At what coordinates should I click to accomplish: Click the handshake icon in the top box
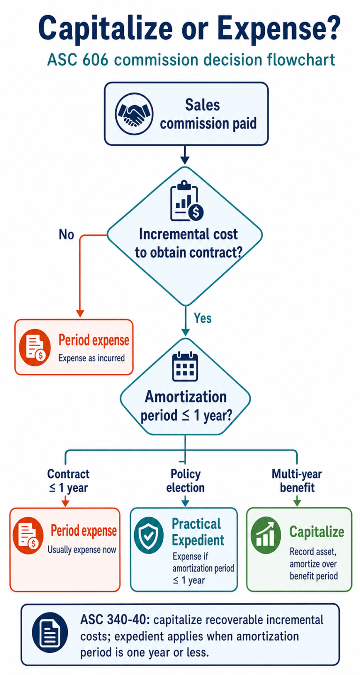click(x=134, y=114)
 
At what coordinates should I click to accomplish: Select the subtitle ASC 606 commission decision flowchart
click(x=191, y=60)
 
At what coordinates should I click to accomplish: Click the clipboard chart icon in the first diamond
click(x=187, y=201)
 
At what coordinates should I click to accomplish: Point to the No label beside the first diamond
click(x=66, y=234)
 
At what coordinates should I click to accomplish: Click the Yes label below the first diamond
click(x=202, y=318)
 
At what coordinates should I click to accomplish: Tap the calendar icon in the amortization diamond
click(x=185, y=366)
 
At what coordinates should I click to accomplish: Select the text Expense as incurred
click(x=91, y=358)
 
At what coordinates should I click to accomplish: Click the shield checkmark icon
click(x=148, y=536)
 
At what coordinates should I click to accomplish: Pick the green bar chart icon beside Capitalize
click(x=266, y=536)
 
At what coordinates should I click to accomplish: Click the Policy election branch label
click(x=185, y=481)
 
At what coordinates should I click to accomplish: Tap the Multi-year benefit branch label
click(x=297, y=481)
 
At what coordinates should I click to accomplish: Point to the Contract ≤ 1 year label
click(x=68, y=481)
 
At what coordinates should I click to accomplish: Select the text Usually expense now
click(x=82, y=550)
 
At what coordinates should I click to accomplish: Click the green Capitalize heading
click(x=316, y=532)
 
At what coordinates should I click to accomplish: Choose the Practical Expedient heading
click(x=198, y=532)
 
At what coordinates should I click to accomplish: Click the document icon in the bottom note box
click(x=50, y=632)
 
